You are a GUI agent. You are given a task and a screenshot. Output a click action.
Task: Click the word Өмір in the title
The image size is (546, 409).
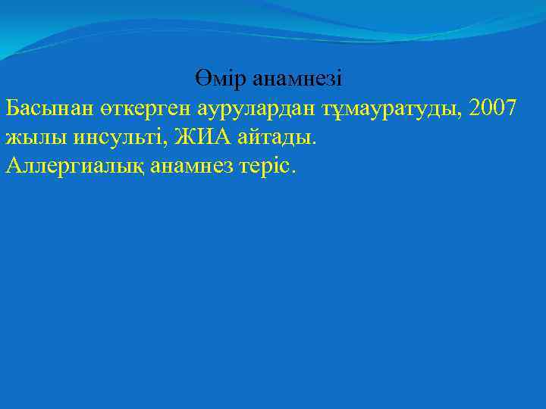221,78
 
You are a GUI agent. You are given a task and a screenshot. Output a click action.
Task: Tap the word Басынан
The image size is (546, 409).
49,108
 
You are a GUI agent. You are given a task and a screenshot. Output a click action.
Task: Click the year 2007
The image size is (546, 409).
494,108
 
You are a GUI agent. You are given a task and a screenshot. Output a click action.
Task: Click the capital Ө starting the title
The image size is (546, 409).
202,78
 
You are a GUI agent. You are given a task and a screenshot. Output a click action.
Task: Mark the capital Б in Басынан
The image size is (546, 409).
13,108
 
